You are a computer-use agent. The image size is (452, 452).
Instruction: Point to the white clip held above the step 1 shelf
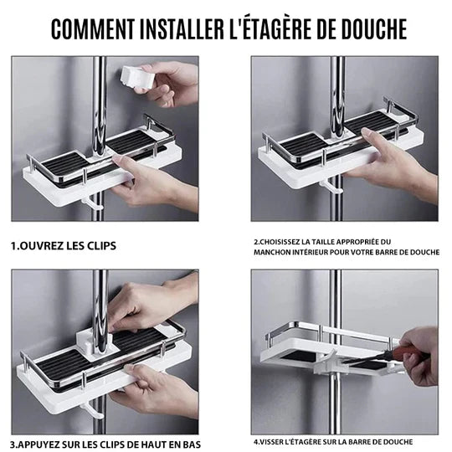pos(133,76)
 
